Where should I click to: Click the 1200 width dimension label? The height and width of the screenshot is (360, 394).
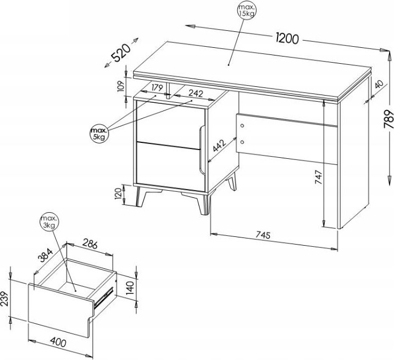287,38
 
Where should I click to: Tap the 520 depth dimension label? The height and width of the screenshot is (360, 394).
121,53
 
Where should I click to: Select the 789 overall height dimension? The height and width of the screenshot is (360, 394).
389,119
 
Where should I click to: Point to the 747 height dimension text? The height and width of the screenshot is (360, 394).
318,177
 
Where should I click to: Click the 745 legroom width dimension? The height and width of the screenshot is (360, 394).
263,235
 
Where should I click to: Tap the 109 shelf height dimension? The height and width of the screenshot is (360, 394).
121,86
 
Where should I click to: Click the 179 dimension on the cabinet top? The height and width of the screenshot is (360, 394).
157,87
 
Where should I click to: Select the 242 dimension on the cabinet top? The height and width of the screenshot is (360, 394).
196,93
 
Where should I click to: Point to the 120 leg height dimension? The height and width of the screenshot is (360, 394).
118,193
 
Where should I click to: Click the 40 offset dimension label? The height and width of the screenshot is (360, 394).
379,84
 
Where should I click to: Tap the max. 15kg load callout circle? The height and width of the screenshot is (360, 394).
247,10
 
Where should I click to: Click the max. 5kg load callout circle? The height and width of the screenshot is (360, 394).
99,134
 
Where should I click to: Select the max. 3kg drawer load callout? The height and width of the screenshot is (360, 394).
49,221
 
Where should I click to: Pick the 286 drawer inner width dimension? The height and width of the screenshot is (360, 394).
90,245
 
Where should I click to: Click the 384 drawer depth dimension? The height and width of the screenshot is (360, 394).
45,255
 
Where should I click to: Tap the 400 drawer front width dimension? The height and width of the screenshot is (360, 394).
58,342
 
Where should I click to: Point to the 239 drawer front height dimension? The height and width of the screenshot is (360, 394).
4,298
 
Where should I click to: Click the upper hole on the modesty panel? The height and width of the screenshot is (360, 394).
242,125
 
